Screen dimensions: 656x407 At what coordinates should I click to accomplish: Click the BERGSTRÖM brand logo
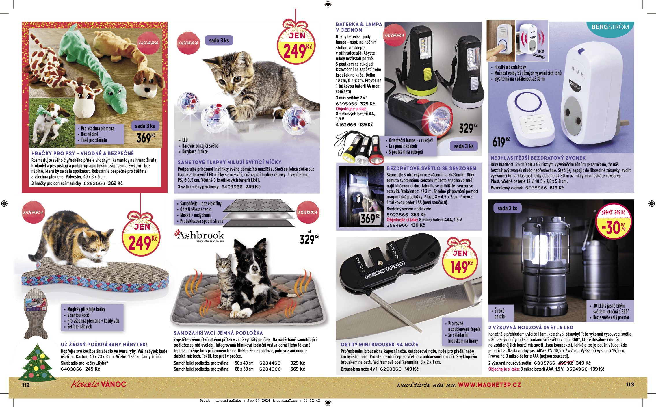pyautogui.click(x=610, y=27)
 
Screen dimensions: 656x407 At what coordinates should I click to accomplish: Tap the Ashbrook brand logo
pyautogui.click(x=200, y=236)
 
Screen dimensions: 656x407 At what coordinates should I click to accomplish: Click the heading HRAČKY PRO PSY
pyautogui.click(x=53, y=153)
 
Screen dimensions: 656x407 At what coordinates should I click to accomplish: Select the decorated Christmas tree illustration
pyautogui.click(x=37, y=363)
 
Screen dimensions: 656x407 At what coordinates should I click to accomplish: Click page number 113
pyautogui.click(x=630, y=384)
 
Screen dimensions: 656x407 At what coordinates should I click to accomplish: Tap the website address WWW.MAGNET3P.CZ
pyautogui.click(x=489, y=385)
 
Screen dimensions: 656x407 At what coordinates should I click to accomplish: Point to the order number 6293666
pyautogui.click(x=94, y=183)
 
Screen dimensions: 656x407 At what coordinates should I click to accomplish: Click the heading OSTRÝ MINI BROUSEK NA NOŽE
pyautogui.click(x=379, y=345)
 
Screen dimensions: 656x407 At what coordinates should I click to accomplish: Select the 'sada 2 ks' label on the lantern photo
pyautogui.click(x=507, y=208)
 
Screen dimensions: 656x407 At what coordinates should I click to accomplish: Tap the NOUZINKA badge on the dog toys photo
pyautogui.click(x=148, y=43)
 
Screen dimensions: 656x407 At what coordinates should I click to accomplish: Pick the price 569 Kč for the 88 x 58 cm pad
pyautogui.click(x=298, y=369)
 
